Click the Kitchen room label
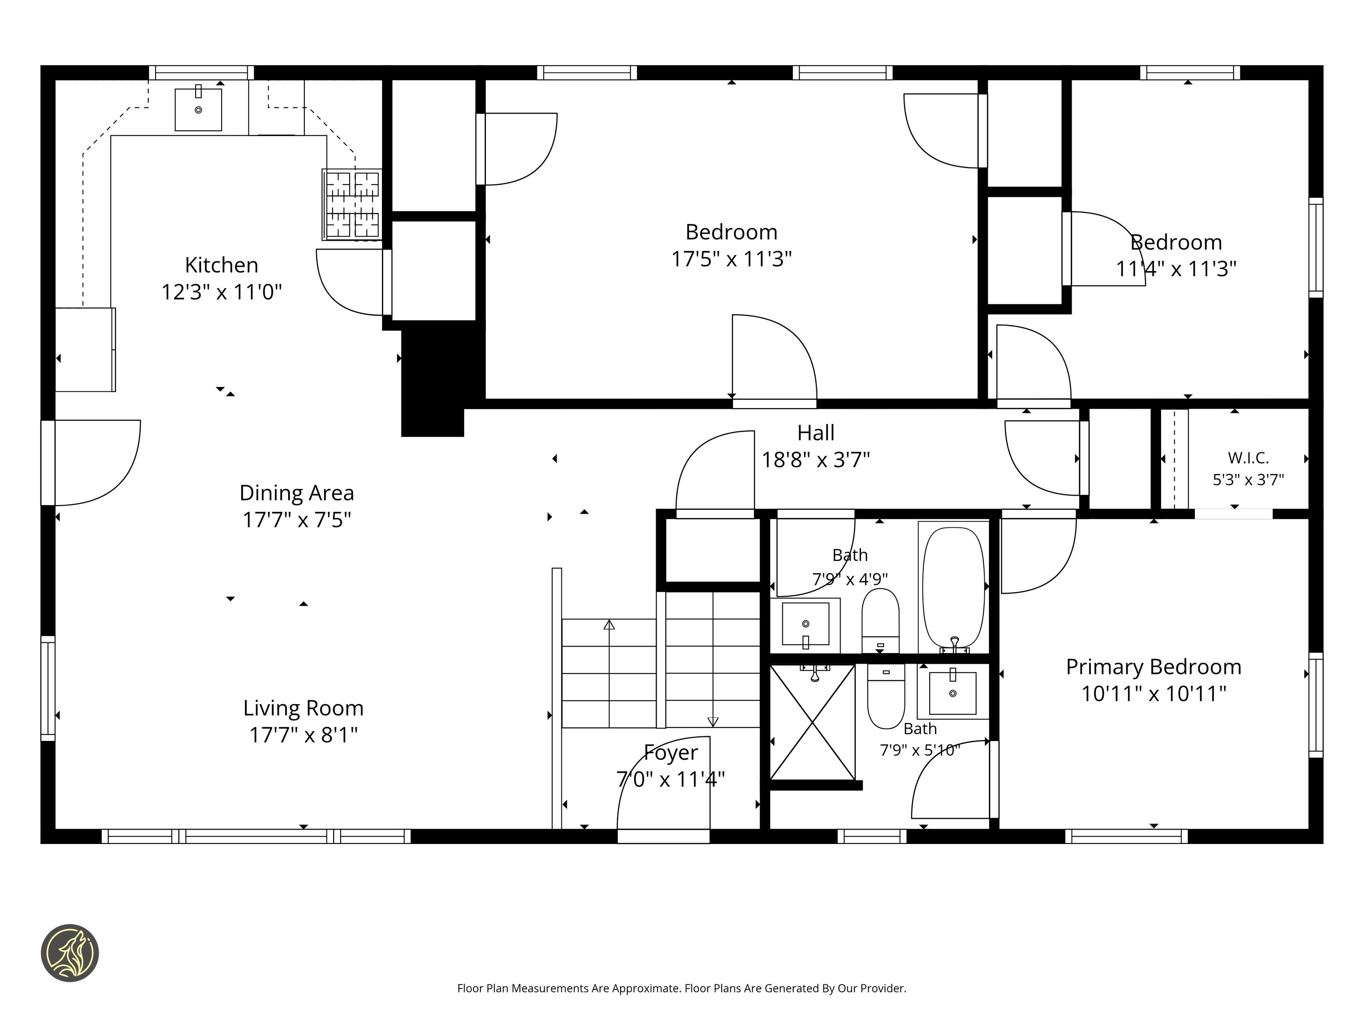click(221, 265)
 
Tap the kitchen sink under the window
click(198, 109)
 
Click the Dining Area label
click(297, 493)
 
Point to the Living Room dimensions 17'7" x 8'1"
click(303, 735)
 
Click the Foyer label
click(671, 753)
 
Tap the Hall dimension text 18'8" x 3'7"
click(816, 460)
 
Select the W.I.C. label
click(1248, 458)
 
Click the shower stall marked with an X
click(813, 722)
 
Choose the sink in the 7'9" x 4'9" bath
click(805, 624)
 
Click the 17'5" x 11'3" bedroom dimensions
click(731, 259)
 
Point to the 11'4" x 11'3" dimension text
click(1176, 269)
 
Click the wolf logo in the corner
click(69, 953)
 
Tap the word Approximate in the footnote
click(645, 988)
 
